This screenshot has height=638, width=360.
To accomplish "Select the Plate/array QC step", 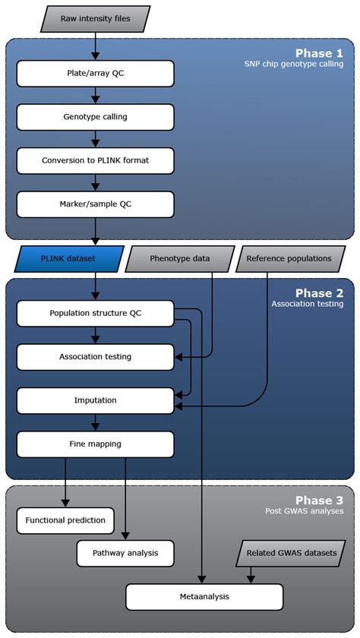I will click(x=95, y=74).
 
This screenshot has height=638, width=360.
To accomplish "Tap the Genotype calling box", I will click(x=95, y=117).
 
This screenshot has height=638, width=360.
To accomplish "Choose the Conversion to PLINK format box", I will click(x=95, y=160).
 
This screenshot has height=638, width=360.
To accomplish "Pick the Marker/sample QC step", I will click(x=95, y=204).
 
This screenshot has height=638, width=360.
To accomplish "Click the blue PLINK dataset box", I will click(x=69, y=258).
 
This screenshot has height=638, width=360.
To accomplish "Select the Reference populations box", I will click(x=289, y=258).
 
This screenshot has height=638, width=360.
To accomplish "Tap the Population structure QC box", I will click(x=95, y=313).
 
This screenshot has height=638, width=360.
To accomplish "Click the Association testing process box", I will click(x=95, y=356).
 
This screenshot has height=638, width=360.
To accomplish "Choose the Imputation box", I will click(x=95, y=400).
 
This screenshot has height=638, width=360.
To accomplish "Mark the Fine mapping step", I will click(x=95, y=444).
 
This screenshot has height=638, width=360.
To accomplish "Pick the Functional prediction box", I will click(x=65, y=520).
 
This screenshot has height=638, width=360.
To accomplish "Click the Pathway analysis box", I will click(x=125, y=552).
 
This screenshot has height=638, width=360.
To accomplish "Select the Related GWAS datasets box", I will click(x=289, y=552).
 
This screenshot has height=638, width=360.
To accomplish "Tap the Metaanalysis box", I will click(x=204, y=596).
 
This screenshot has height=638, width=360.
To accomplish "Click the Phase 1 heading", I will click(x=319, y=53).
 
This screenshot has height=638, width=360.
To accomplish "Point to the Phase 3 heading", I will click(x=319, y=501).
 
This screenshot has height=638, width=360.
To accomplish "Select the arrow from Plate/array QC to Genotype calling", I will click(x=95, y=96).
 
